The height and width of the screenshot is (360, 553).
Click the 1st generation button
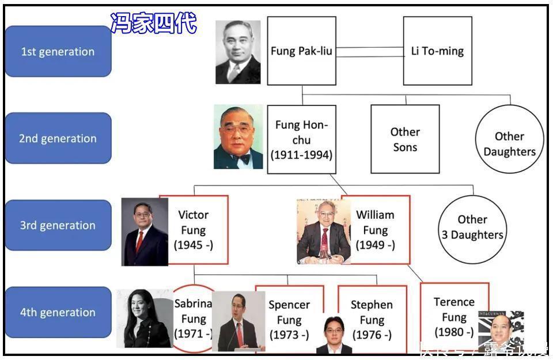pos(58,51)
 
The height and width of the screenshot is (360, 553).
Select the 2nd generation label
pos(58,138)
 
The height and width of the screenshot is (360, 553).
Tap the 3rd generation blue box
pos(58,225)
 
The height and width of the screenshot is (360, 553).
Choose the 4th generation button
pos(58,312)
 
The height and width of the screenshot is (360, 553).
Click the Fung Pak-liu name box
pos(301,51)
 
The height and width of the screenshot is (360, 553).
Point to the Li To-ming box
pos(437,51)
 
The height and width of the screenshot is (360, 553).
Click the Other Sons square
pos(405,139)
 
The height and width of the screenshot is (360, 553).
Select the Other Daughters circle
pos(509,144)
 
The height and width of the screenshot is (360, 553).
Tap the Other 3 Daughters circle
pos(472,227)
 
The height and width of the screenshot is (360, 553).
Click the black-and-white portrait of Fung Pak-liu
pos(238,52)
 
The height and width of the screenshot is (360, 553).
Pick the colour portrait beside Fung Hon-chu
pos(238,137)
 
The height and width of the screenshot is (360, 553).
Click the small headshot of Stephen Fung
pos(334,335)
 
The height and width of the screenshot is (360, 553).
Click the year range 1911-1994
pos(301,154)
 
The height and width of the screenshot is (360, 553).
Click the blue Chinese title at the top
pos(154,24)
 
